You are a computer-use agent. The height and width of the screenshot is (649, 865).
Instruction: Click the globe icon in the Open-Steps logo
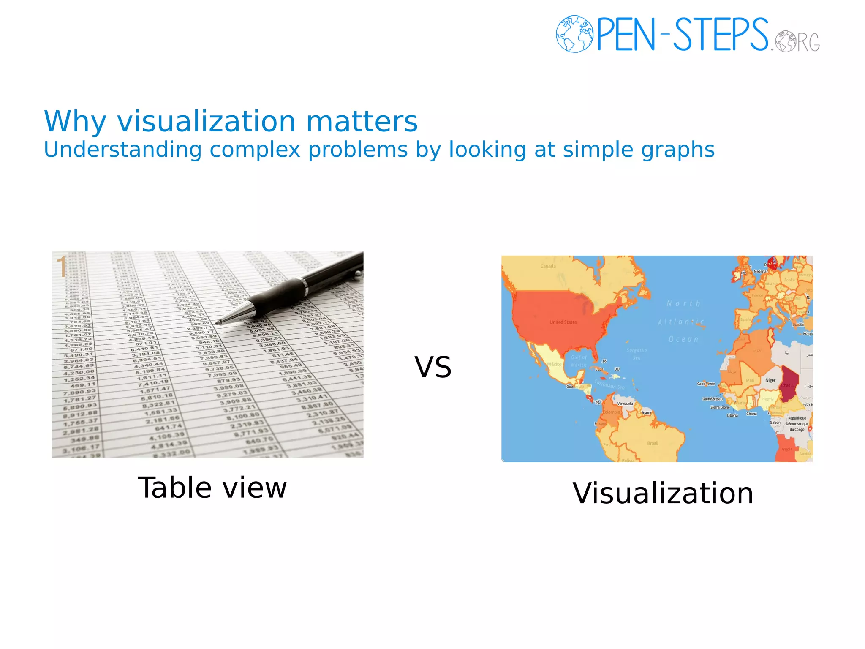coord(574,34)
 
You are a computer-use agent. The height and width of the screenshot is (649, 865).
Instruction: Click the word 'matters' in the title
coord(362,122)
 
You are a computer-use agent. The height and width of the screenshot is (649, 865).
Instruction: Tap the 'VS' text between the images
coord(433,367)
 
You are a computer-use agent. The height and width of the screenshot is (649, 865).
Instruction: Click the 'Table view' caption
coord(212,488)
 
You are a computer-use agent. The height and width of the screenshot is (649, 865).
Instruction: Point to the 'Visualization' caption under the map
coord(663,493)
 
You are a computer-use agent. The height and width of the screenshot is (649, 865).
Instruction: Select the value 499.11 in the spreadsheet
coord(83,385)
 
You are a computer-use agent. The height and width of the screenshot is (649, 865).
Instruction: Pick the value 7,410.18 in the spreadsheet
coord(153,383)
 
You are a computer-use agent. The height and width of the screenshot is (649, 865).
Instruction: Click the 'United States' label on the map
coord(563,322)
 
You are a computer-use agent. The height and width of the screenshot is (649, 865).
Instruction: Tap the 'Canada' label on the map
coord(548,266)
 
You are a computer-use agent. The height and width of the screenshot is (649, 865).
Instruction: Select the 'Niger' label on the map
coord(770,380)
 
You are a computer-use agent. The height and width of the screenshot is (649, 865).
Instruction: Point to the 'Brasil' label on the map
coord(652,443)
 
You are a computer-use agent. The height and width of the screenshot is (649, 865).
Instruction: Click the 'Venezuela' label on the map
coord(625,404)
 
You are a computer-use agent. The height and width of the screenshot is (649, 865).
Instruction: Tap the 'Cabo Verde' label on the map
coord(706,384)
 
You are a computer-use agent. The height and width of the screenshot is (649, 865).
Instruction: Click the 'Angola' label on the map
coord(786,449)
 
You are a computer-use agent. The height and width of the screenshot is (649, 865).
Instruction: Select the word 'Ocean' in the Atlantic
coord(683,339)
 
